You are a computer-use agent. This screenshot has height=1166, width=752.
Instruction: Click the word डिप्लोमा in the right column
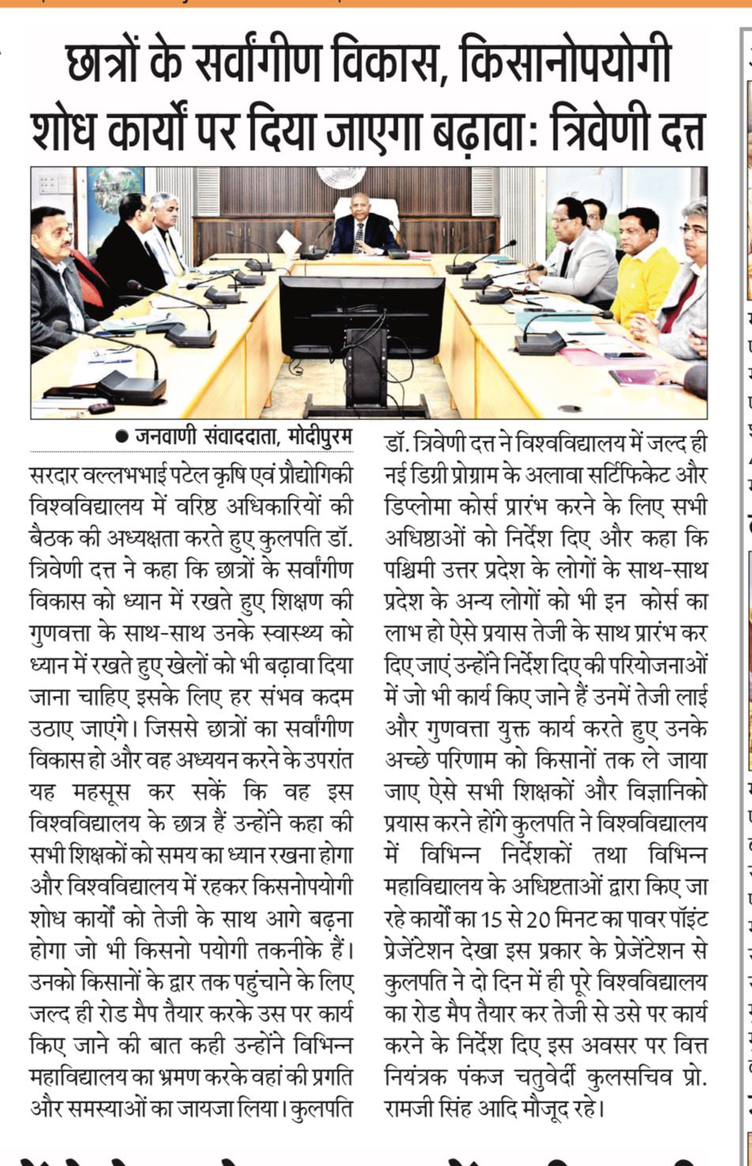click(x=421, y=506)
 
